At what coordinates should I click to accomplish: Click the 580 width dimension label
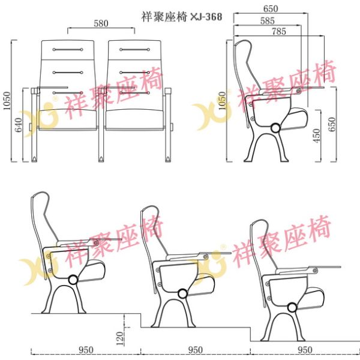pyautogui.click(x=100, y=23)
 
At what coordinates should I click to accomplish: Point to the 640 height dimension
pyautogui.click(x=19, y=125)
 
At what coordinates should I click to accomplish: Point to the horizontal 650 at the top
pyautogui.click(x=271, y=9)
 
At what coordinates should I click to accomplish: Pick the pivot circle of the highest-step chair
pyautogui.click(x=292, y=307)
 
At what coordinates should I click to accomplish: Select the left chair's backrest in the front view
pyautogui.click(x=68, y=66)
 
